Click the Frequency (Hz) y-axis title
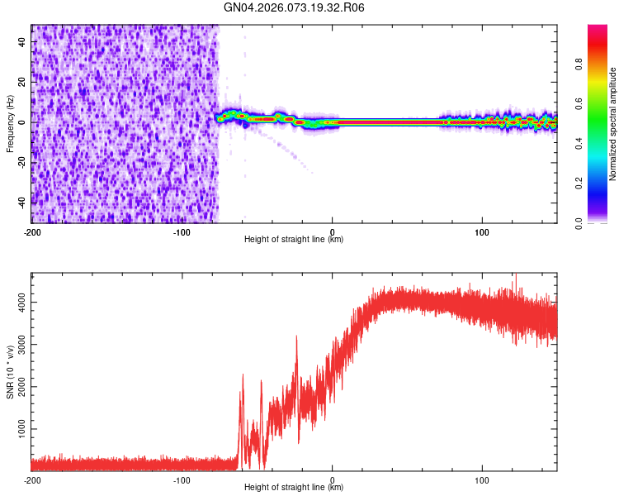[x=11, y=123]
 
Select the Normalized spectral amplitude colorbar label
[x=612, y=124]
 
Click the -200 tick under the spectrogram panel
[x=31, y=231]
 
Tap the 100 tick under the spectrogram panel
[x=482, y=231]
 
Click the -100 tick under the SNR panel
[x=182, y=479]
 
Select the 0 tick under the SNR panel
[x=333, y=479]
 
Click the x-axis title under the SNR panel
[x=294, y=488]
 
